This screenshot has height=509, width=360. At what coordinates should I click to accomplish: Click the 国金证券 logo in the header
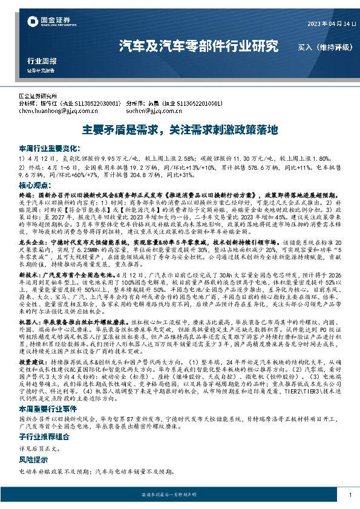[x=42, y=24]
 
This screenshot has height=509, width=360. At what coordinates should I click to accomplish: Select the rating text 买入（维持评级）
[x=322, y=46]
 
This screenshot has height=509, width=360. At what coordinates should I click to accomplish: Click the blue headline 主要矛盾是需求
[x=180, y=129]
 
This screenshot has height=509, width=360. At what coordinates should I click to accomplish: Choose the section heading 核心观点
[x=36, y=184]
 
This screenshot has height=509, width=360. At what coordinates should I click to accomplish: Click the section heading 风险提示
[x=36, y=476]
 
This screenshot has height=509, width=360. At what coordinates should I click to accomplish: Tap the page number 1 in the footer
[x=350, y=495]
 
